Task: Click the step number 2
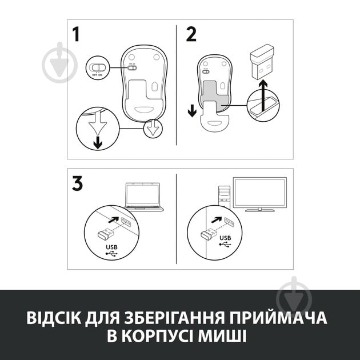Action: (x=191, y=34)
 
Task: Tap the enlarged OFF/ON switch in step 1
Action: (x=97, y=67)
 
